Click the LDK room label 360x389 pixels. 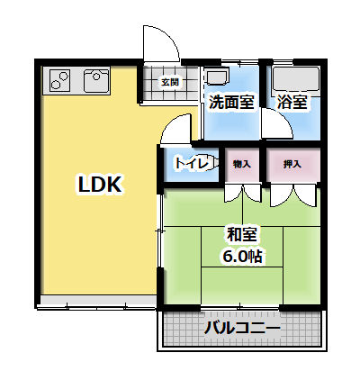pyautogui.click(x=100, y=184)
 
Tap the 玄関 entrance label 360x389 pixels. pyautogui.click(x=170, y=82)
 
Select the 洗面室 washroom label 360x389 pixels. pyautogui.click(x=231, y=102)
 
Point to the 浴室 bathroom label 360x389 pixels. pyautogui.click(x=292, y=102)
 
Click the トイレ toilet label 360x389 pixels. pyautogui.click(x=192, y=164)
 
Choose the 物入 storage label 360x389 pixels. pyautogui.click(x=242, y=164)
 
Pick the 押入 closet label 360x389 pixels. pyautogui.click(x=292, y=164)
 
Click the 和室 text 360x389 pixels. pyautogui.click(x=242, y=234)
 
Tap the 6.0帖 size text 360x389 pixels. pyautogui.click(x=242, y=256)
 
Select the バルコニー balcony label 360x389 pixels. pyautogui.click(x=242, y=328)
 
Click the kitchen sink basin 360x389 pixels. pyautogui.click(x=96, y=81)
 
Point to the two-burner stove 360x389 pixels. pyautogui.click(x=60, y=80)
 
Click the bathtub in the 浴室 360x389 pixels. pyautogui.click(x=296, y=78)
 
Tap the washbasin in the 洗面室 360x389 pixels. pyautogui.click(x=216, y=77)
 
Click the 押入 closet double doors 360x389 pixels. pyautogui.click(x=292, y=195)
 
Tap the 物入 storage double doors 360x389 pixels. pyautogui.click(x=243, y=193)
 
